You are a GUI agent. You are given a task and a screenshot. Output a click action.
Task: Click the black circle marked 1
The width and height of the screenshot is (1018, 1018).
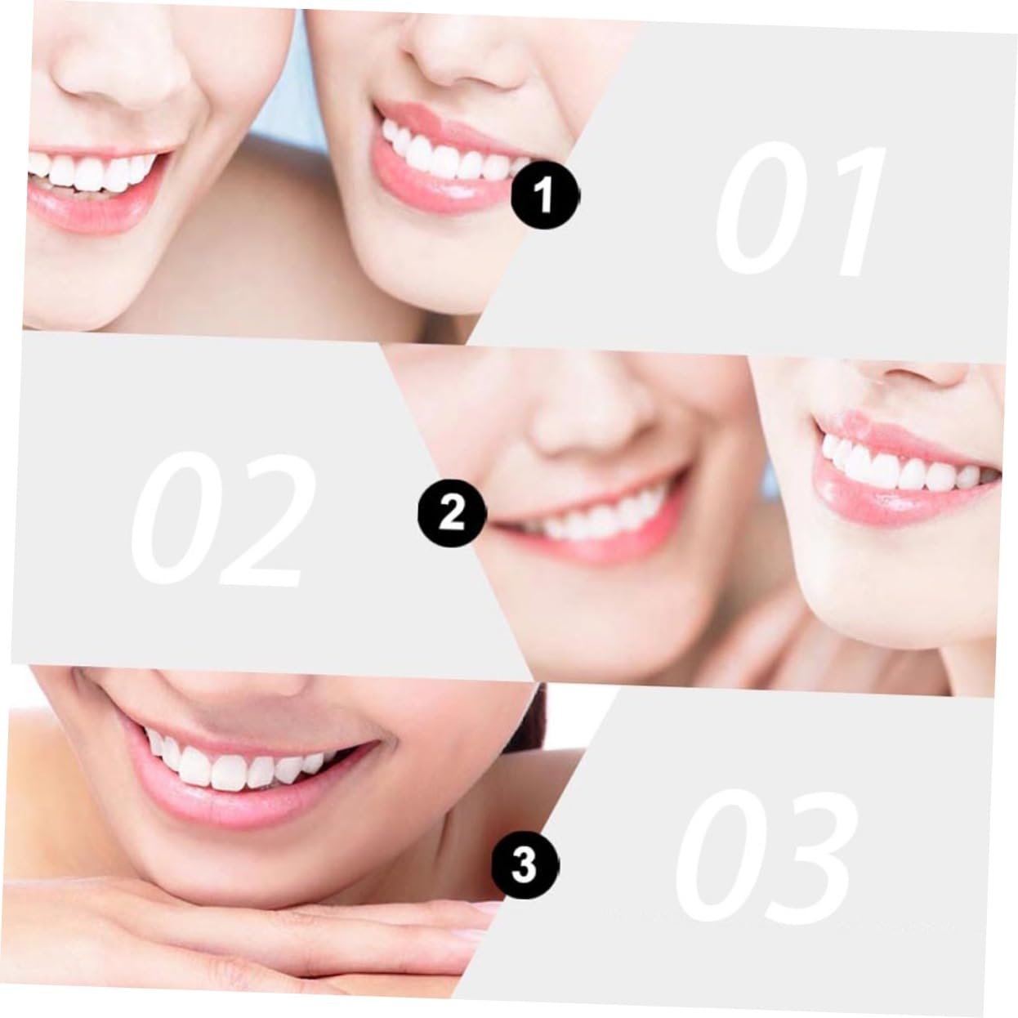click(x=545, y=196)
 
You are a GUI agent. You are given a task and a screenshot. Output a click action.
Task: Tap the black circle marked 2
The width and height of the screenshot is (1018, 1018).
click(x=452, y=512)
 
